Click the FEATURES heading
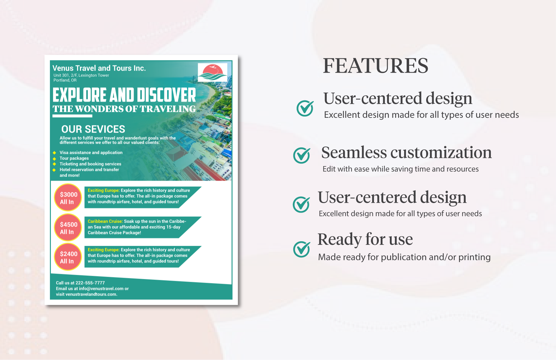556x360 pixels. [375, 66]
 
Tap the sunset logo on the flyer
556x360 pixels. [213, 72]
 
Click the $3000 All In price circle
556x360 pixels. [68, 198]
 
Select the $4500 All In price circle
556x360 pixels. [68, 228]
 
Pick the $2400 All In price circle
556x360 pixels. [68, 257]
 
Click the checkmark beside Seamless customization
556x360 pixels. [302, 155]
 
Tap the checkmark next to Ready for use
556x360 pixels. [302, 249]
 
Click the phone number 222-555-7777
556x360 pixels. [90, 283]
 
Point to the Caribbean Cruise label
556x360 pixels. [105, 221]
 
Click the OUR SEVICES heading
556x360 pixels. [93, 129]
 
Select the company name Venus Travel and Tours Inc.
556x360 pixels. [99, 68]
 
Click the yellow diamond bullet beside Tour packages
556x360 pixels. [55, 159]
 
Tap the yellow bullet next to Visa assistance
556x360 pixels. [55, 153]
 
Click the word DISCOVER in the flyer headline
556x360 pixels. [166, 95]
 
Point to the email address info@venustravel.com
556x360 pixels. [101, 289]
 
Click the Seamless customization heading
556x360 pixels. [407, 153]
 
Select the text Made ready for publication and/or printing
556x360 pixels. [404, 257]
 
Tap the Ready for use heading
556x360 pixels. [365, 239]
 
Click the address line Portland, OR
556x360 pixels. [65, 80]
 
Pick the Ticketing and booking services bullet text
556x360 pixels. [90, 164]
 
